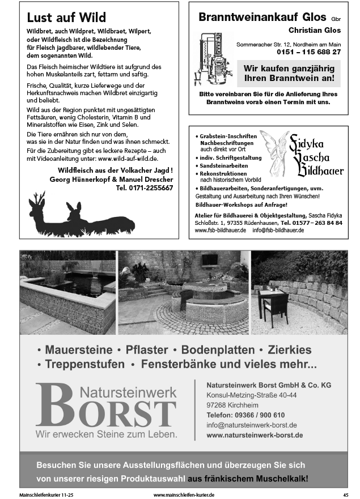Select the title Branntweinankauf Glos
262,18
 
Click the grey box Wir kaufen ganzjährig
289,73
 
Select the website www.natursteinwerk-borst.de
255,435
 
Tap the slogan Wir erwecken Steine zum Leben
106,434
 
